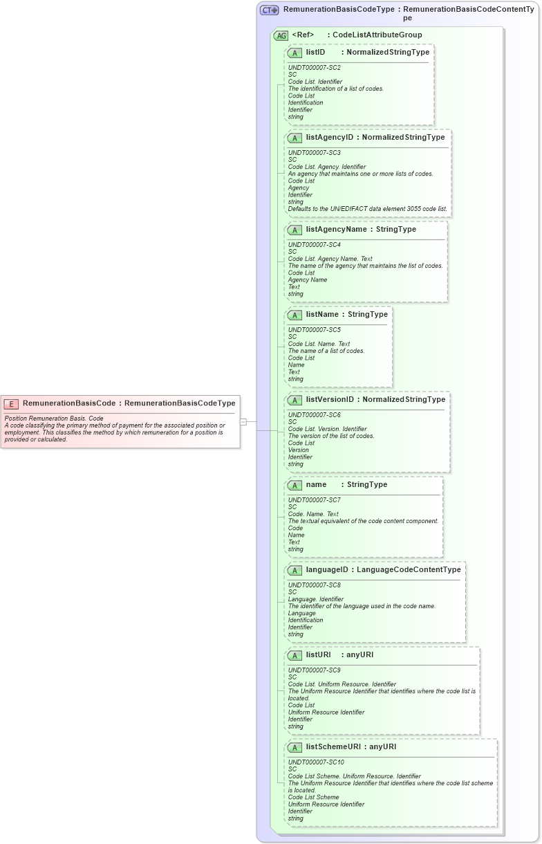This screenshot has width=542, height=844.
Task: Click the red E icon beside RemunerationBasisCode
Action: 11,403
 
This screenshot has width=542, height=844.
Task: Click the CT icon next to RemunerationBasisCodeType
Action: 269,10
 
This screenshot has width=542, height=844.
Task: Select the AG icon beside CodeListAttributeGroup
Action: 281,35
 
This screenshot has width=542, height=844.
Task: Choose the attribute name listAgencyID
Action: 329,138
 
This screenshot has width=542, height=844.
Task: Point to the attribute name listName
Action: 322,314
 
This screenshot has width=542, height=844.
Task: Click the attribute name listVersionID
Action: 330,399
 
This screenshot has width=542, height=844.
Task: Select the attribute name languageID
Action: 327,569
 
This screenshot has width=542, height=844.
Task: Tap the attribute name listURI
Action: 319,654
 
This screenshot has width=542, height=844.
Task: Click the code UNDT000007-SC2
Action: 314,68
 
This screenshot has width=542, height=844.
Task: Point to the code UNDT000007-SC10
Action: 316,762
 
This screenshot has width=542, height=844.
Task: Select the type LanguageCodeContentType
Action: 409,569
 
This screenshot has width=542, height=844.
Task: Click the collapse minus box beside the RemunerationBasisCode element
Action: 243,421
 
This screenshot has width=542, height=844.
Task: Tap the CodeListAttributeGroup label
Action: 377,35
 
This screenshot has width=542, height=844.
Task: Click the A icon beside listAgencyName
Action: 295,230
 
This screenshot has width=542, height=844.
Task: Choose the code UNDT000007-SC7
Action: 314,499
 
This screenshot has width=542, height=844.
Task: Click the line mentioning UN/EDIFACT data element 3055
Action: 367,209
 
